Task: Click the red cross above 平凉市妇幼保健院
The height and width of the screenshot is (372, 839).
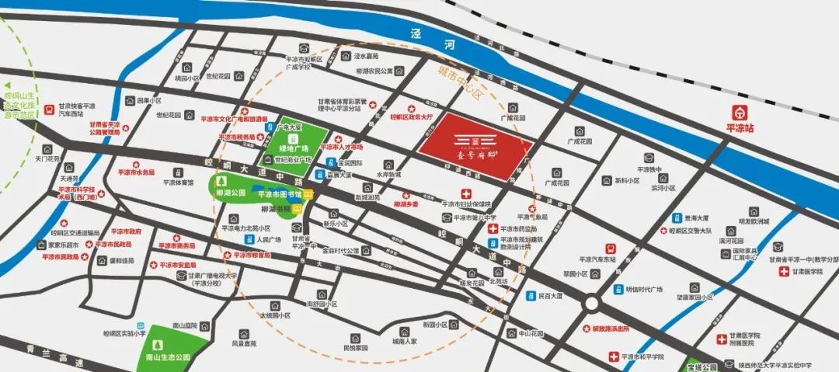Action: [467, 193]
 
